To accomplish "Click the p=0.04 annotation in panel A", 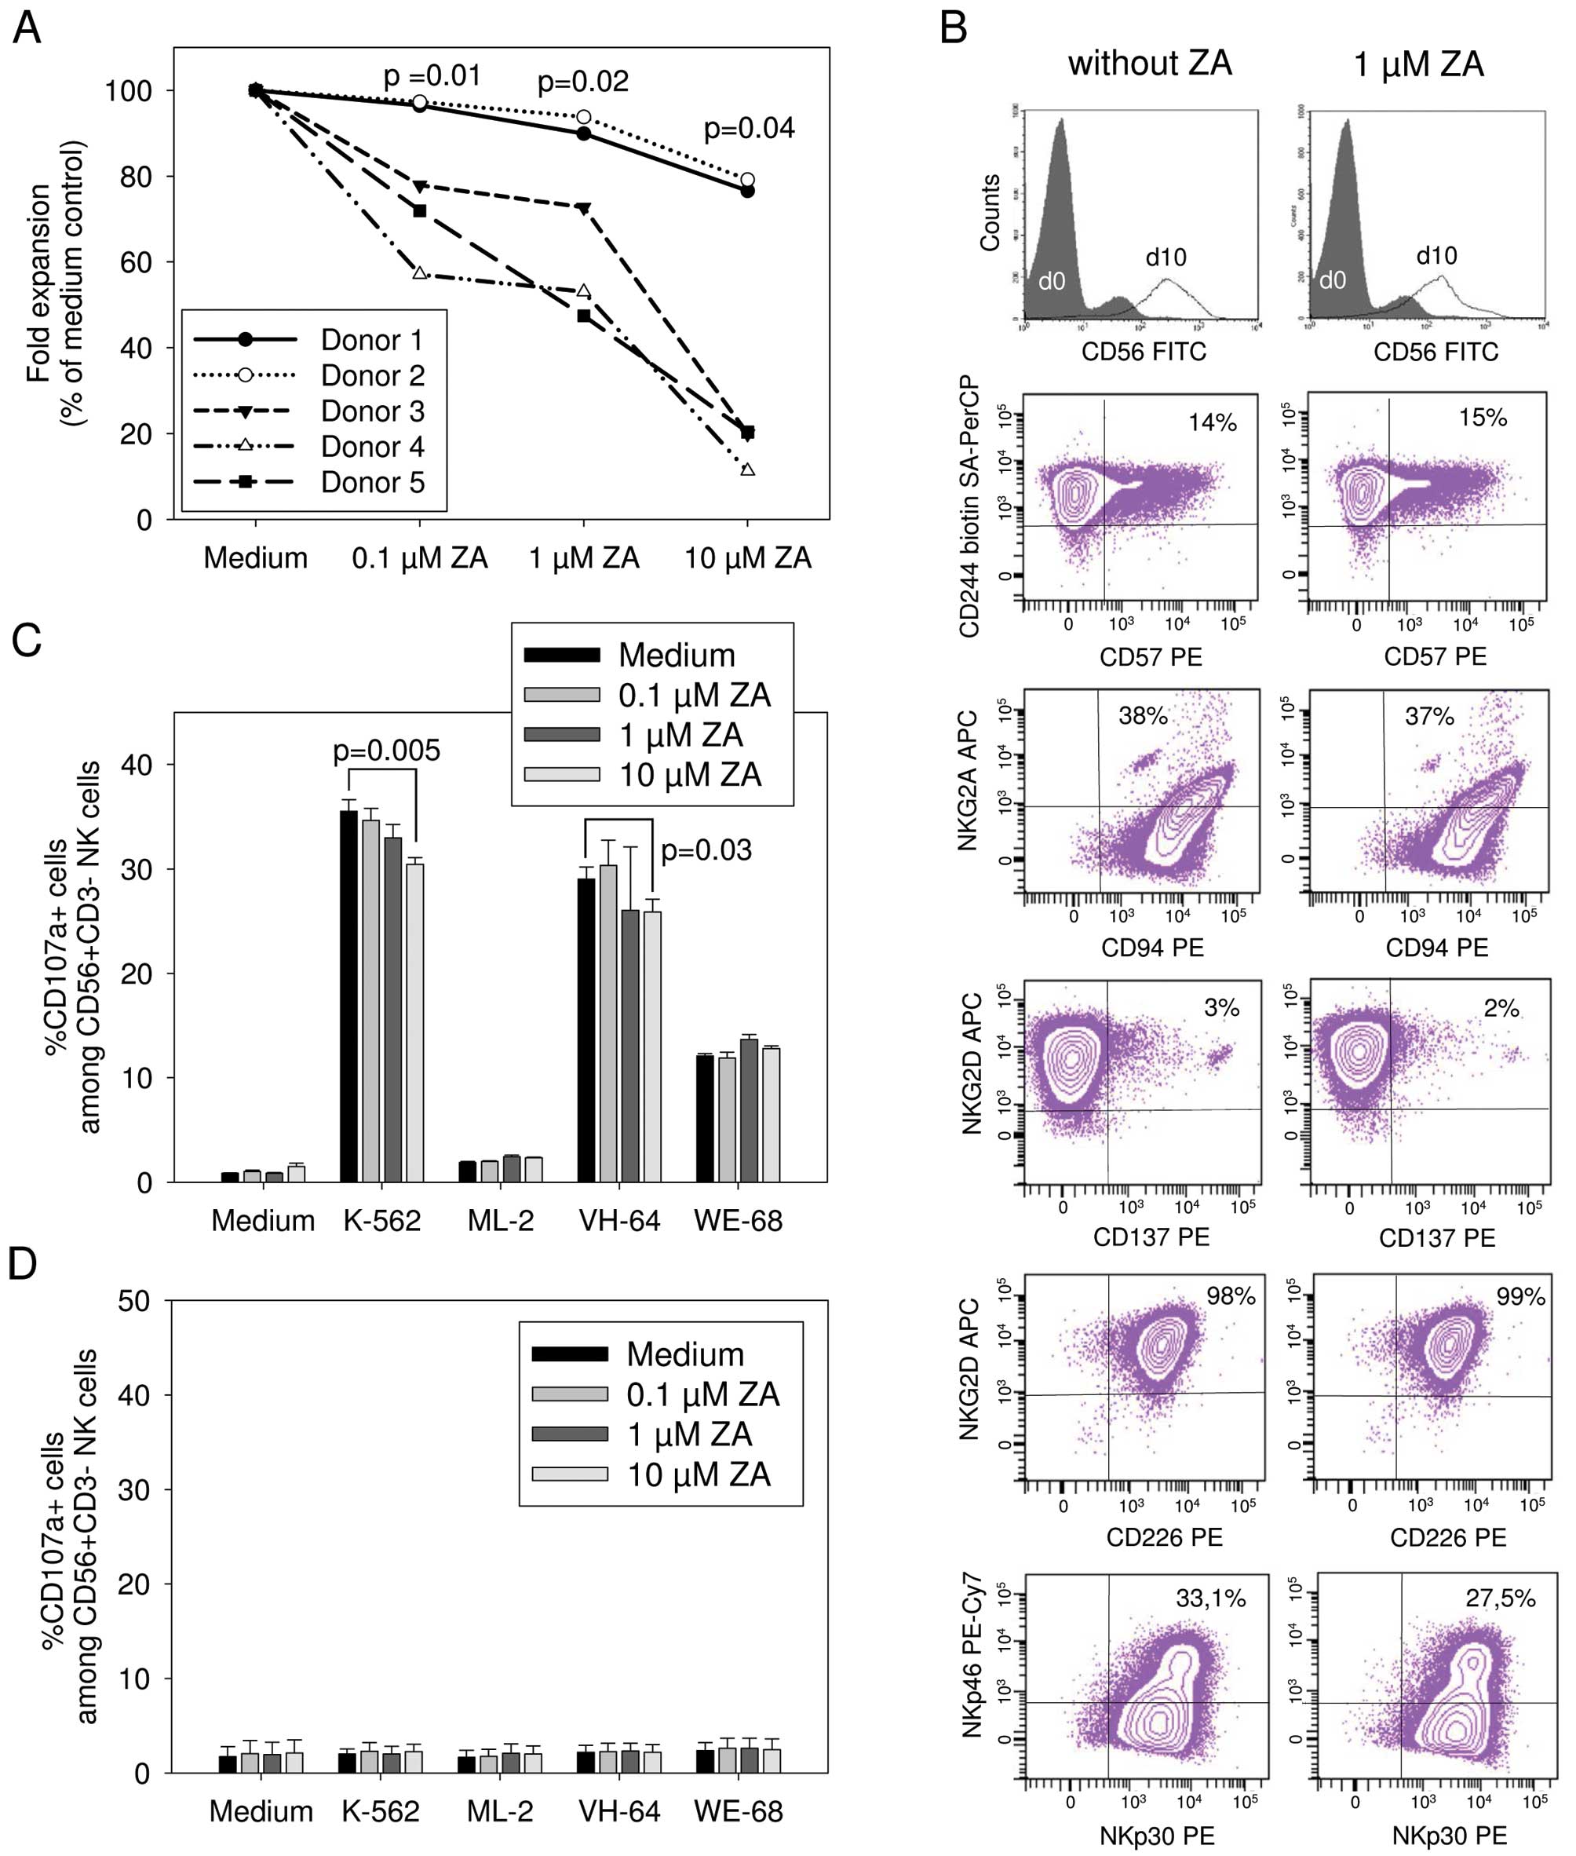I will pos(749,129).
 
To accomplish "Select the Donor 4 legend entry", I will pos(372,447).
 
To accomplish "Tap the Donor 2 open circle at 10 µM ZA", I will pos(748,180).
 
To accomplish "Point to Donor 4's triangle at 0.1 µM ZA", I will pos(419,272).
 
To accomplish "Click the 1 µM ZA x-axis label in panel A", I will pos(583,558).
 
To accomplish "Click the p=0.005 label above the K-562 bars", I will pos(386,751).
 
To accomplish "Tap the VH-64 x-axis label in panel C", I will pos(619,1221).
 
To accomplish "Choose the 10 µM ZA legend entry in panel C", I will pos(690,775).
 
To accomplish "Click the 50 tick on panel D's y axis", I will pos(135,1302).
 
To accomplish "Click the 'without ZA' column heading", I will pos(1150,64).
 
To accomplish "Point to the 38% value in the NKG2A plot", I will pos(1143,716).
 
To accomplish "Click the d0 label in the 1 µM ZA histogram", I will pos(1332,280).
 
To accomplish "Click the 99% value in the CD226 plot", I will pos(1519,1295).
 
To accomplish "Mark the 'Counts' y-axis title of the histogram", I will pos(990,213).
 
